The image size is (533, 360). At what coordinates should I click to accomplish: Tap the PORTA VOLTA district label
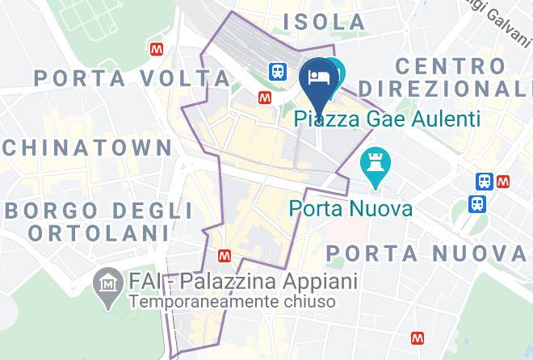click(x=132, y=78)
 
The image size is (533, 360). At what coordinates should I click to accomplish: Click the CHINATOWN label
click(x=86, y=148)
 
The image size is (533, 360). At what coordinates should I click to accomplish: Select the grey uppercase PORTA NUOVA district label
click(x=428, y=253)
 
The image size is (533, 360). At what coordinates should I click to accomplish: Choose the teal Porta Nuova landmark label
click(x=351, y=209)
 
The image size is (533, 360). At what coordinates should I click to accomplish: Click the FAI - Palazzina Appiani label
click(x=242, y=283)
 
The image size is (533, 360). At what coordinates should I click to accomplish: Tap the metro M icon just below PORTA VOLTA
click(x=264, y=97)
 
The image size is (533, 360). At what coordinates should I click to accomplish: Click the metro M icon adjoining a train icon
click(x=503, y=182)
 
